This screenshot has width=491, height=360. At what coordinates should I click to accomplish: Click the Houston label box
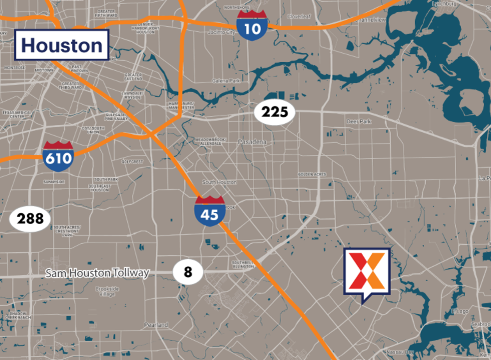(x=62, y=45)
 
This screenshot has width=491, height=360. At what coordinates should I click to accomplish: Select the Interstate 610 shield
(x=58, y=157)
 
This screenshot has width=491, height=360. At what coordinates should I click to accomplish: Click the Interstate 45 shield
(x=210, y=212)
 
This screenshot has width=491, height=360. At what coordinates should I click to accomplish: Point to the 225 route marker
(x=275, y=112)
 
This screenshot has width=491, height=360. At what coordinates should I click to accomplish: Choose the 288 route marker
(x=30, y=219)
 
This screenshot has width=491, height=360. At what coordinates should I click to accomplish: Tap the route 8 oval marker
(x=188, y=272)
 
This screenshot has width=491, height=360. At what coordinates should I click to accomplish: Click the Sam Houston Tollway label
(x=97, y=273)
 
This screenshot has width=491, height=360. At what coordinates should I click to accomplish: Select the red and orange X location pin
(x=367, y=272)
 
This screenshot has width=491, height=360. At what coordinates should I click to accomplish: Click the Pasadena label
(x=252, y=142)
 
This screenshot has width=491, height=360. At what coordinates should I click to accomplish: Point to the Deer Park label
(x=359, y=122)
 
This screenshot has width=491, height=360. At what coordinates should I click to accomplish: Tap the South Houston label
(x=219, y=182)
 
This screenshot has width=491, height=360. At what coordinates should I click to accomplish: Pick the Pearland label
(x=156, y=325)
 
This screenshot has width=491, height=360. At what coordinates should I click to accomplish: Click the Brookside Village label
(x=107, y=291)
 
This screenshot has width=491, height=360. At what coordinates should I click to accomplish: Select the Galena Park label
(x=226, y=81)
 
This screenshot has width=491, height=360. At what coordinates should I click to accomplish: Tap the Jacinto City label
(x=221, y=32)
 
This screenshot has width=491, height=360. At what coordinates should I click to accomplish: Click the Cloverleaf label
(x=299, y=17)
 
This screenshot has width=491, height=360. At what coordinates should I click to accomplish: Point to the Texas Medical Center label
(x=17, y=114)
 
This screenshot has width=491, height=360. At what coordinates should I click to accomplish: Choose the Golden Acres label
(x=312, y=174)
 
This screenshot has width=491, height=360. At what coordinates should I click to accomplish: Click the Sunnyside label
(x=54, y=182)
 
